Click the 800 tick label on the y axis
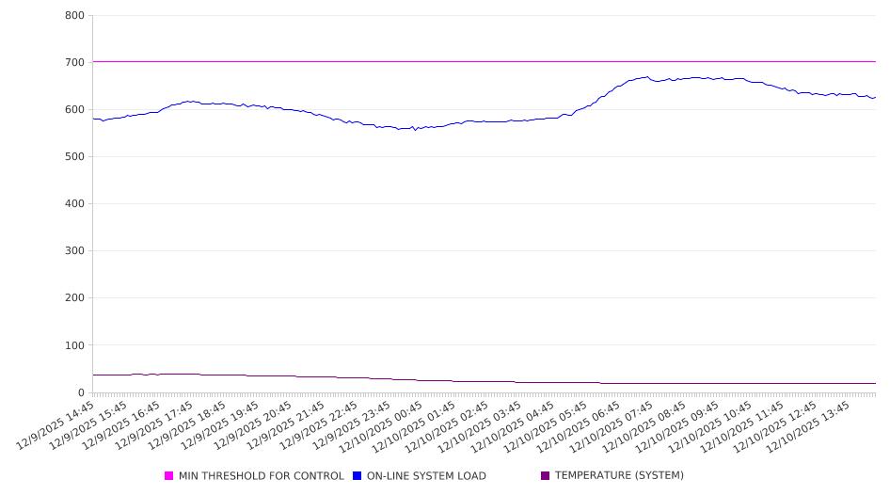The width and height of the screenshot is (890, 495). coord(75,16)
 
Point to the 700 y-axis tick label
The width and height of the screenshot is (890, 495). coord(75,63)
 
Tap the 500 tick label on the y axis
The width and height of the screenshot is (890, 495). coord(75,157)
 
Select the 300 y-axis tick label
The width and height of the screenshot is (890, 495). coord(75,251)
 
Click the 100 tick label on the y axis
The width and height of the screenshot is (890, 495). coord(75,345)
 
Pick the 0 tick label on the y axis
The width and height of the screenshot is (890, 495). coord(81,392)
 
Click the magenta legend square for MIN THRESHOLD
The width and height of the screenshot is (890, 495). coord(169,476)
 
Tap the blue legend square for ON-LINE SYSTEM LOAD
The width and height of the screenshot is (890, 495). coord(358,476)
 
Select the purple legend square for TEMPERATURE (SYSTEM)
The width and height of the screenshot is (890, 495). coord(546,476)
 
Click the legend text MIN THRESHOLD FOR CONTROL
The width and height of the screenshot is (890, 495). coord(261,476)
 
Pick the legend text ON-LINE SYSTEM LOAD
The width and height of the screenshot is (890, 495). coord(426,476)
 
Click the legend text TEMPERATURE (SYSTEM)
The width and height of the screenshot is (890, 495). coord(619,476)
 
